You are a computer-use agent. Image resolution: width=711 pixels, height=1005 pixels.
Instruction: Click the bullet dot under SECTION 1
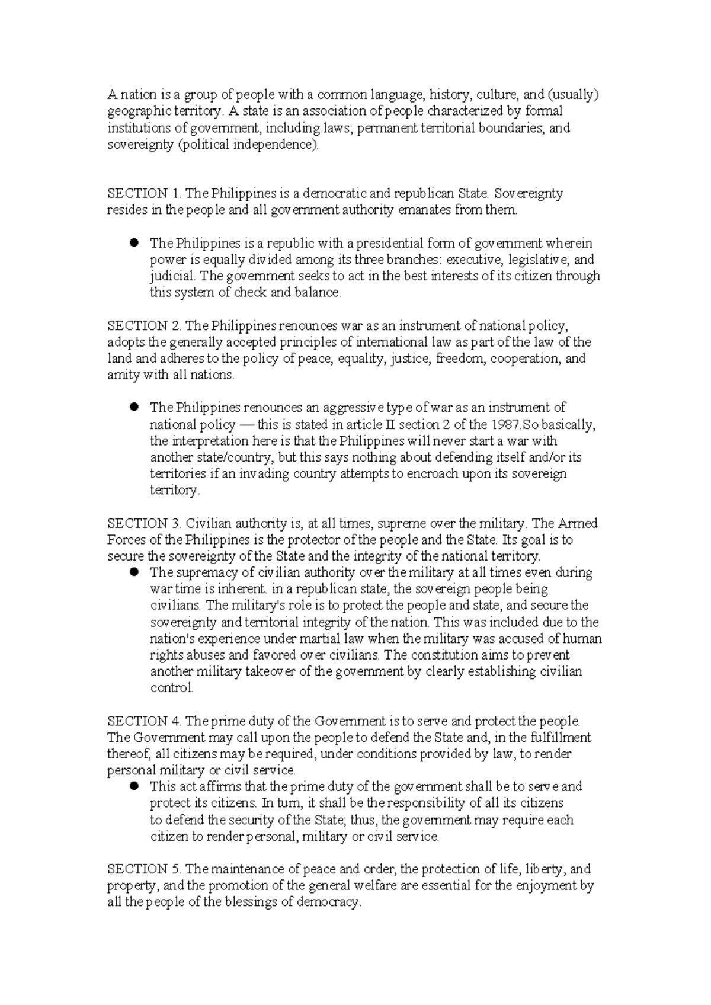134,242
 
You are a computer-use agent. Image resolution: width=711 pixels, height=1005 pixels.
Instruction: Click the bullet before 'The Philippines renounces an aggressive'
134,407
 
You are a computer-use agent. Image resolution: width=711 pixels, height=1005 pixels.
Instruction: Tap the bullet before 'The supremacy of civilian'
134,572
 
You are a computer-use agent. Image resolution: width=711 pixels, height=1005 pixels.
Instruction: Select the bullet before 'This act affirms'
134,786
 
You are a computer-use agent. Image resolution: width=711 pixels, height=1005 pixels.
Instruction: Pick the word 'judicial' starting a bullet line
172,277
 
